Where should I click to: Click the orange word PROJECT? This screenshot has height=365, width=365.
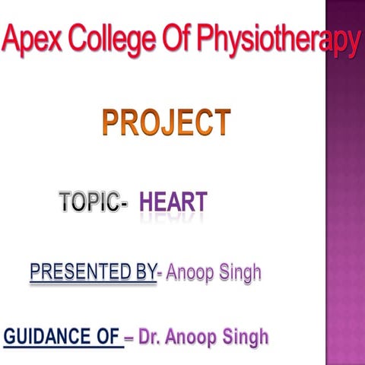(x=167, y=123)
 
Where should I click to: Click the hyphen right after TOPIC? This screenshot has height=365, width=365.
(x=123, y=204)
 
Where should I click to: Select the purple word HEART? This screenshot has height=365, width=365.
(x=173, y=202)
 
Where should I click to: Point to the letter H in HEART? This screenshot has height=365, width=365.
(x=148, y=202)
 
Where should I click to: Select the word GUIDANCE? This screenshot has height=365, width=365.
(x=49, y=335)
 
